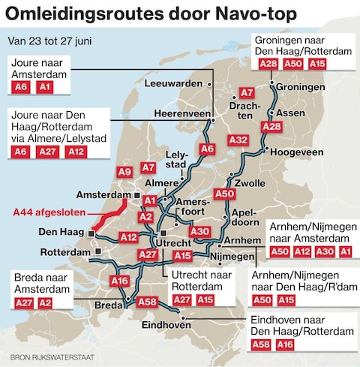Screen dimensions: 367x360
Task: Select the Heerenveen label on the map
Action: click(180, 113)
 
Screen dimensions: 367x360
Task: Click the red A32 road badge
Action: click(238, 140)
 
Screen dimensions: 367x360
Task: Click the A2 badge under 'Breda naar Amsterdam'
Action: click(45, 302)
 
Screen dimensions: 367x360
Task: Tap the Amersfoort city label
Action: click(198, 210)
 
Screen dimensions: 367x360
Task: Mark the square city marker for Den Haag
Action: click(90, 233)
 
